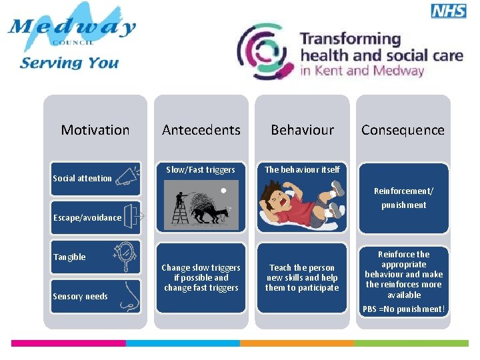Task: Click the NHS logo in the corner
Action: tap(449, 11)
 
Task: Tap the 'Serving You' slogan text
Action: tap(69, 63)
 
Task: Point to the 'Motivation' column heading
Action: tap(95, 130)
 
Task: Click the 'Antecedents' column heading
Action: tap(201, 130)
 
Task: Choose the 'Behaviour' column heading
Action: tap(302, 130)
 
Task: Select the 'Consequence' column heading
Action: tap(403, 130)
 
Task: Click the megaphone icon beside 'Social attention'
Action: tap(127, 177)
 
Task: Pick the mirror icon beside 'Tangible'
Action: tap(125, 257)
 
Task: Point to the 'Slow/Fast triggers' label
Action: tap(201, 170)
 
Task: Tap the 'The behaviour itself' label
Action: tap(302, 170)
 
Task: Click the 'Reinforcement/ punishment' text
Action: tap(403, 198)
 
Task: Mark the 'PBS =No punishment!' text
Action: tap(403, 309)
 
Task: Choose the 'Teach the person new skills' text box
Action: tap(302, 278)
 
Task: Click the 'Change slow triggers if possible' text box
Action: tap(201, 278)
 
